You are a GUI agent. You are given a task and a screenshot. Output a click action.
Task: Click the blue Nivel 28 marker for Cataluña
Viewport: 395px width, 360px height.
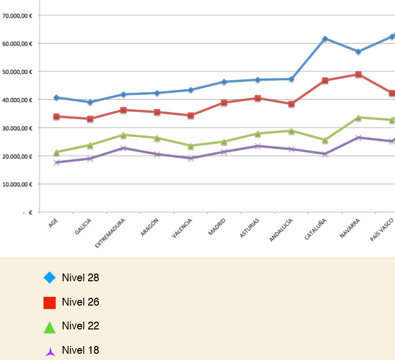tap(325, 39)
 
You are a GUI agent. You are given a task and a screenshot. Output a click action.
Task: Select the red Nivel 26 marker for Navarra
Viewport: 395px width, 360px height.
tap(358, 75)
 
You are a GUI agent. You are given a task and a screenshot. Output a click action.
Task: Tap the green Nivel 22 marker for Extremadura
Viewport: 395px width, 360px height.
tap(123, 135)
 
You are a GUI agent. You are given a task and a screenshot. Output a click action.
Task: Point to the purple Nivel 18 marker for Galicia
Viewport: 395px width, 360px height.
tap(90, 159)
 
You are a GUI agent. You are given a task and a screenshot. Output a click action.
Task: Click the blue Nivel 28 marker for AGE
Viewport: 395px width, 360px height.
tap(56, 97)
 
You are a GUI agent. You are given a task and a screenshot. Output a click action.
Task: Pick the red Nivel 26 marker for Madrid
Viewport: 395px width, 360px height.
tap(224, 103)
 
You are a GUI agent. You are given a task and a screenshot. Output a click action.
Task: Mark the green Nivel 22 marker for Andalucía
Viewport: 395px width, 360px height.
tap(291, 131)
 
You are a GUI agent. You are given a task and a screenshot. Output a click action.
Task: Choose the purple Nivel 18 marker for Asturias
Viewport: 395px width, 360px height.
tap(258, 146)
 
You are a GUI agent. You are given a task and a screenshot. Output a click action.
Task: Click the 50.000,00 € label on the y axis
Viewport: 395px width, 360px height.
tap(18, 71)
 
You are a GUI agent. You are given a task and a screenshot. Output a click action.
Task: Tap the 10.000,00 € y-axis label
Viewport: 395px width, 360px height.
tap(18, 184)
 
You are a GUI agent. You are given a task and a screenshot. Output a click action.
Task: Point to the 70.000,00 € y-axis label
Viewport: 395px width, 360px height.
tap(18, 16)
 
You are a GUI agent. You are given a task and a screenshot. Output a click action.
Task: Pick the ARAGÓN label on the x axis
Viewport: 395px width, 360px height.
tap(150, 227)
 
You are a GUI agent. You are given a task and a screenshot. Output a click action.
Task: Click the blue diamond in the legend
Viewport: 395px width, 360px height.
tap(50, 278)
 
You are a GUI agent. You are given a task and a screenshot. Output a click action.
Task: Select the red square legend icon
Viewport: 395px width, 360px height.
tap(50, 303)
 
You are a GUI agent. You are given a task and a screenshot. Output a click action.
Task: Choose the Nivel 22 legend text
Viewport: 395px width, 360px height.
tap(80, 326)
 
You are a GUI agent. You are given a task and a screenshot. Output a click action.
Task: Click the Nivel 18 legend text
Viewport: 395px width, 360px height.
tap(80, 350)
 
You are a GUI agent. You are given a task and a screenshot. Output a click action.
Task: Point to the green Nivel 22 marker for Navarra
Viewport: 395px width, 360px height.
tap(358, 118)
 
